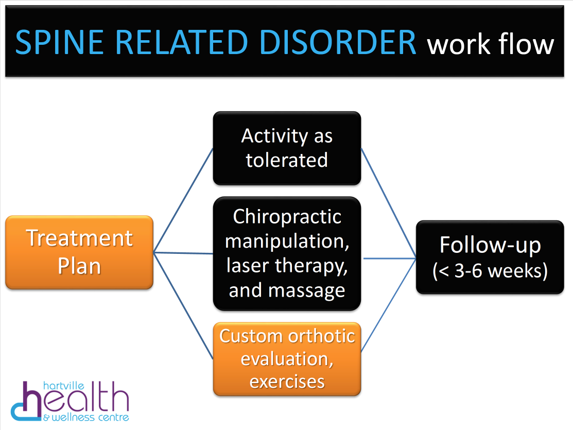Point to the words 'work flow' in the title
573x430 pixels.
[x=490, y=44]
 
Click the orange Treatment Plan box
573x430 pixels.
[x=79, y=252]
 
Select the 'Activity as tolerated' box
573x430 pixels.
[x=287, y=148]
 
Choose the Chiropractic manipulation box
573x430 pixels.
[x=287, y=253]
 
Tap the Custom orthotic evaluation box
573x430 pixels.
[x=287, y=358]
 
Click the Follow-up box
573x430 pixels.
[x=490, y=257]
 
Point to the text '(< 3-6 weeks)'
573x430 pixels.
[x=490, y=271]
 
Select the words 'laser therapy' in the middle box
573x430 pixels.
[x=286, y=266]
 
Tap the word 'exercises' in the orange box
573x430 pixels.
[x=287, y=382]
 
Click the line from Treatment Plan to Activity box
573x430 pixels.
[x=183, y=201]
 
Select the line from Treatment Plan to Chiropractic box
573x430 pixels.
[x=183, y=253]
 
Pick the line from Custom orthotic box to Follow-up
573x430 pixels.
[x=388, y=305]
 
